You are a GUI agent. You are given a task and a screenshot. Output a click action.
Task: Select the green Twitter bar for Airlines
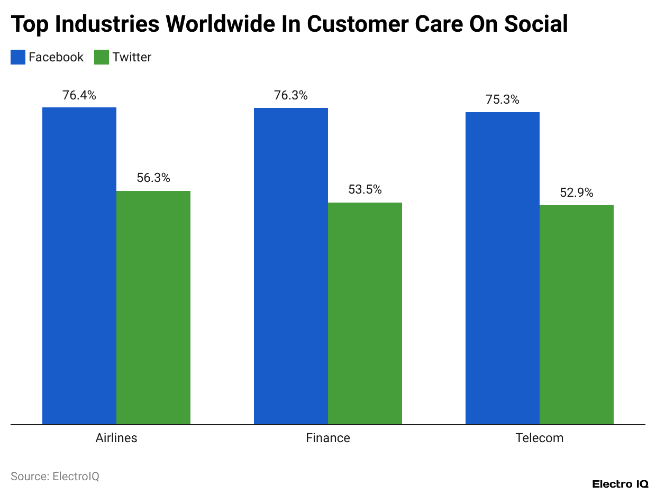click(x=153, y=307)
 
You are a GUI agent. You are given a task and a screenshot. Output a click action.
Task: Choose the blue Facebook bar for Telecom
click(x=503, y=268)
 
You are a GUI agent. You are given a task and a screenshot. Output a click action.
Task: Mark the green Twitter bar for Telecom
click(x=577, y=315)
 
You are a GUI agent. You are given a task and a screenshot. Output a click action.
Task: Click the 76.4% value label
click(x=79, y=96)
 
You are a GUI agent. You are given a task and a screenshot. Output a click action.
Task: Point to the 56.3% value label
click(x=153, y=178)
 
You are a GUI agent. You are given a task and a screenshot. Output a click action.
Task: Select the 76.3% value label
click(x=291, y=96)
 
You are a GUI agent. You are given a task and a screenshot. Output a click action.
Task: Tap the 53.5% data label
click(x=365, y=190)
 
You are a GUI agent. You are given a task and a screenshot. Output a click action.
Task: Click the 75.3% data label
click(x=503, y=100)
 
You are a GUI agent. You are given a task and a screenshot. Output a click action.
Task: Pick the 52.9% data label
click(x=577, y=193)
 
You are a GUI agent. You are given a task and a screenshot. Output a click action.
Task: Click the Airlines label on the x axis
click(x=116, y=438)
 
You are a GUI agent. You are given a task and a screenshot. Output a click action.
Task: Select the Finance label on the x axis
click(x=328, y=438)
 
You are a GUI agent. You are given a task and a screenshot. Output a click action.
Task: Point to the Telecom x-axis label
click(x=540, y=438)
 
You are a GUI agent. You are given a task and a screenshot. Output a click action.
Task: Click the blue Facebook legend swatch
click(x=18, y=57)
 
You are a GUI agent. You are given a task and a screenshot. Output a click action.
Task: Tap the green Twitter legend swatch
click(x=101, y=57)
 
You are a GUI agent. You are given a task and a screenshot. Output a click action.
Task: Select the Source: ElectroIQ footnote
click(x=55, y=476)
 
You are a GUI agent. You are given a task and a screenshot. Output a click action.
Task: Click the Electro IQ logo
click(x=620, y=484)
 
